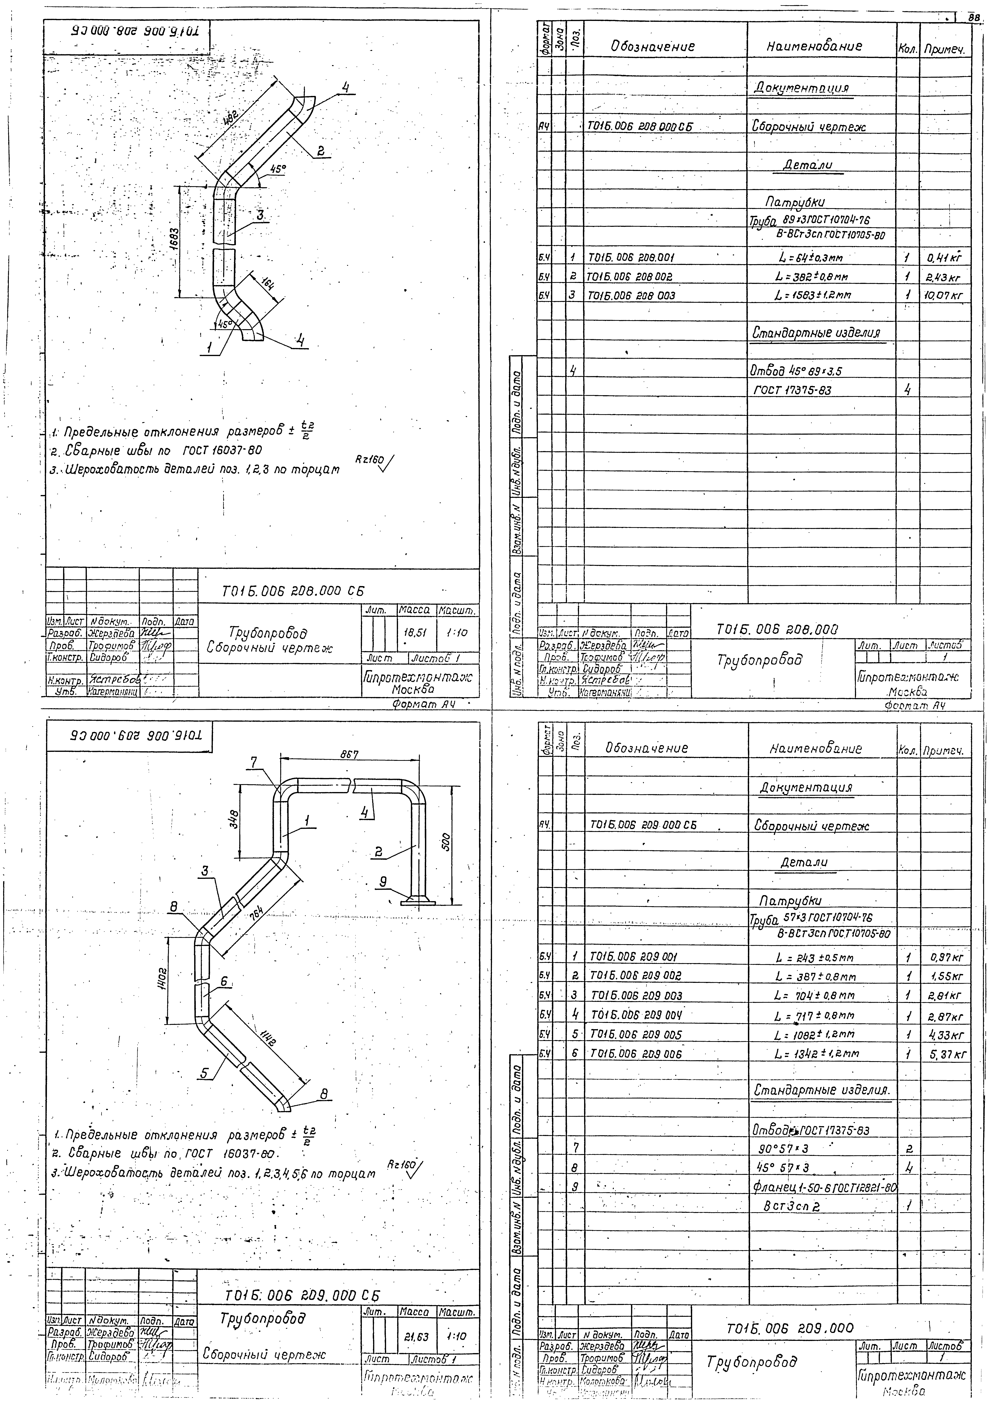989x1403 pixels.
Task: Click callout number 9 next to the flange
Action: point(383,882)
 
